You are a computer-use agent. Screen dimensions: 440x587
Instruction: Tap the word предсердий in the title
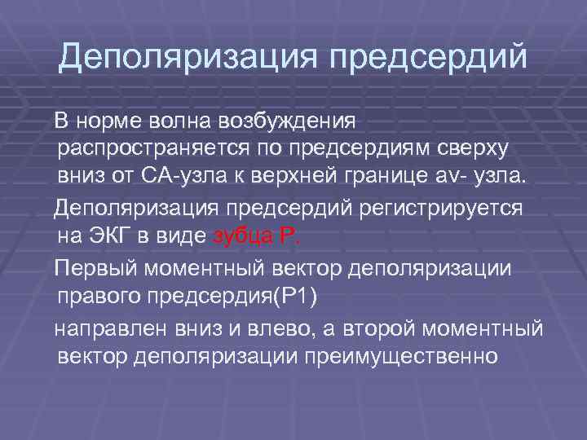[x=429, y=57]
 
